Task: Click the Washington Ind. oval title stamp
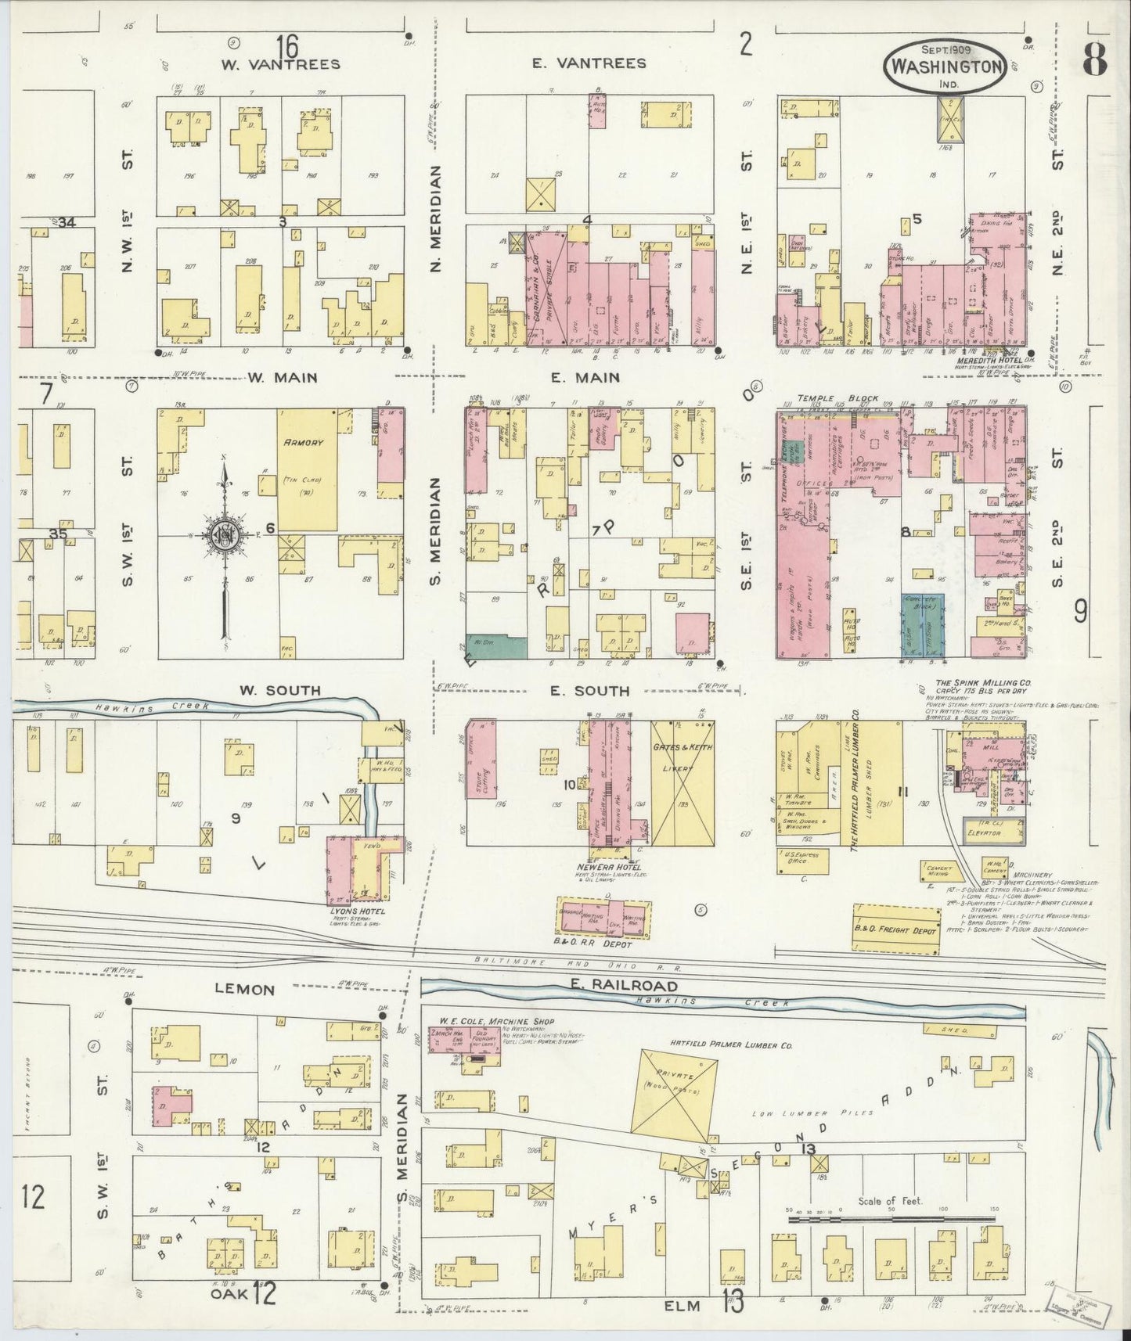coord(946,67)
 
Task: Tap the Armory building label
coord(304,443)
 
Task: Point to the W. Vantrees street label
coord(279,64)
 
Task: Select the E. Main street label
coord(585,378)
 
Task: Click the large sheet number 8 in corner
coord(1093,59)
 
